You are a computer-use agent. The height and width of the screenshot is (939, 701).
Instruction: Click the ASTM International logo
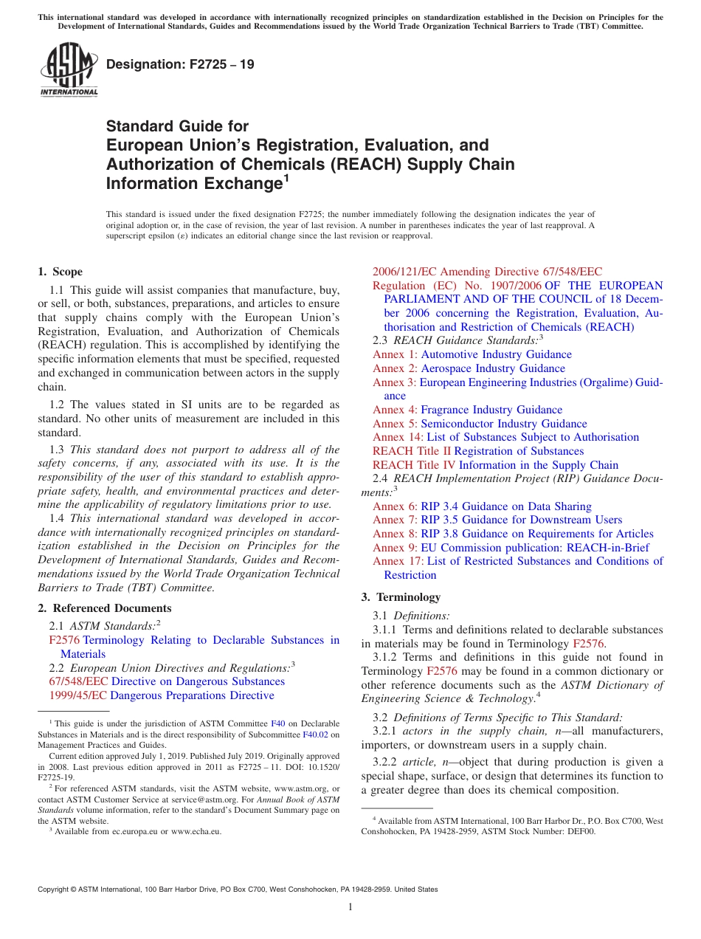point(69,70)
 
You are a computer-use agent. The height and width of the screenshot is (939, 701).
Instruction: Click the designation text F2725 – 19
point(180,64)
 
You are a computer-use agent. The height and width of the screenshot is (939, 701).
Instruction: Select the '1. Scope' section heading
point(60,272)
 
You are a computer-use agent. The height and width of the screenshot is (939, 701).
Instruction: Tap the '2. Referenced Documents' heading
point(104,608)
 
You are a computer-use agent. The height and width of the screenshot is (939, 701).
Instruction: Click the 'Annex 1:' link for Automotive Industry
point(395,354)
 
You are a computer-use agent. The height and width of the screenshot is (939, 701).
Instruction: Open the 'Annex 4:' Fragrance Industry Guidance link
point(395,410)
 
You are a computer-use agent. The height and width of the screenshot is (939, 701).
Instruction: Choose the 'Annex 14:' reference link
point(398,437)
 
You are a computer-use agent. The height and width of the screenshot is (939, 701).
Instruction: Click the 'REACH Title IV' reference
point(414,465)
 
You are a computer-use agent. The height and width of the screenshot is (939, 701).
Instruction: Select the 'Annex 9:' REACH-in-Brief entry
point(395,548)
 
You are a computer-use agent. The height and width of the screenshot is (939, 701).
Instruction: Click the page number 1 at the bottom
point(350,907)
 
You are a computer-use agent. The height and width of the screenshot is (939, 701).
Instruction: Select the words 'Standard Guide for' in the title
point(178,126)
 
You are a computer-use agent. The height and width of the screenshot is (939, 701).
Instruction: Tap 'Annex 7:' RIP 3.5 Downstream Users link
point(395,520)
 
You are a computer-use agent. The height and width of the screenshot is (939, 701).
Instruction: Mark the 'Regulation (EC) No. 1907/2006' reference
point(457,286)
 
